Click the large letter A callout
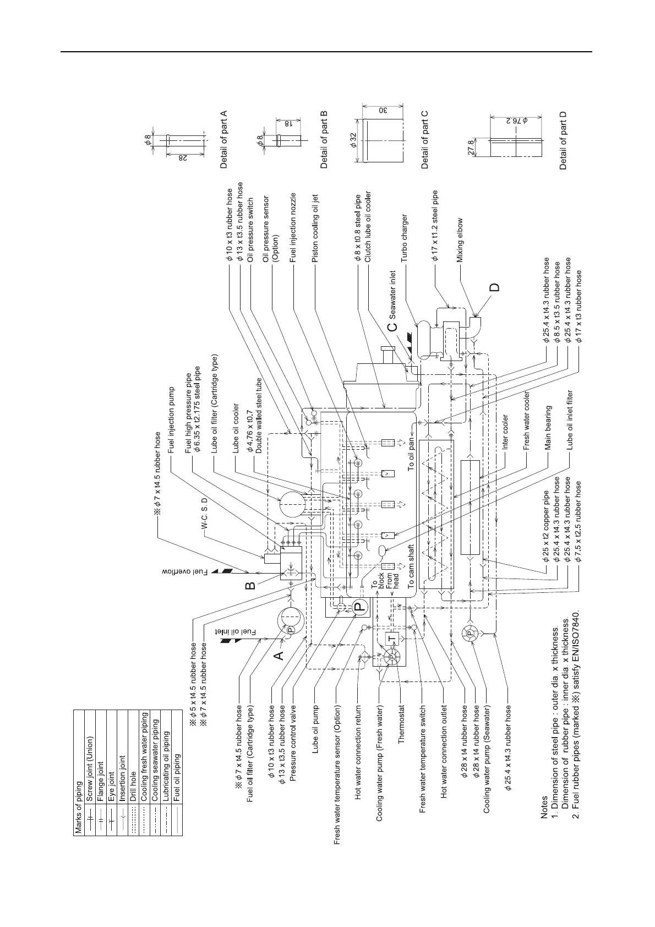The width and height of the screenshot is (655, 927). (x=279, y=655)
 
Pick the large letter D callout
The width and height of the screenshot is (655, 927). (x=496, y=287)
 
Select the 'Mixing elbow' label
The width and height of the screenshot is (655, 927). (x=460, y=238)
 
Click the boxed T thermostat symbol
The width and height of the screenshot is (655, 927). (x=391, y=637)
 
